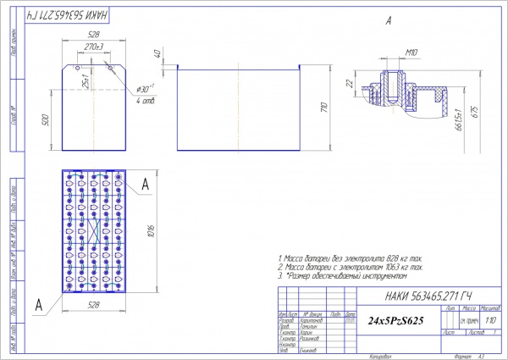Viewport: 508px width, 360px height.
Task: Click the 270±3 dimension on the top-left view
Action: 96,47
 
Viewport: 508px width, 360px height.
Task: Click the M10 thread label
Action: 412,53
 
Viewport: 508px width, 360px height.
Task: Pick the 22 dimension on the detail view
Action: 349,82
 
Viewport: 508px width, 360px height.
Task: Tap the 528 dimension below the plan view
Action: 94,302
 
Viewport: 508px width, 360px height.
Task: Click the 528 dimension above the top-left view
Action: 94,34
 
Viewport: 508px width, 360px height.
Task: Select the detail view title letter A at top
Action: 388,19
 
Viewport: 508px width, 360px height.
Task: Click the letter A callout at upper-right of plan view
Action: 146,183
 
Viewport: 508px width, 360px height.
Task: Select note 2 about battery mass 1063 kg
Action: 351,266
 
